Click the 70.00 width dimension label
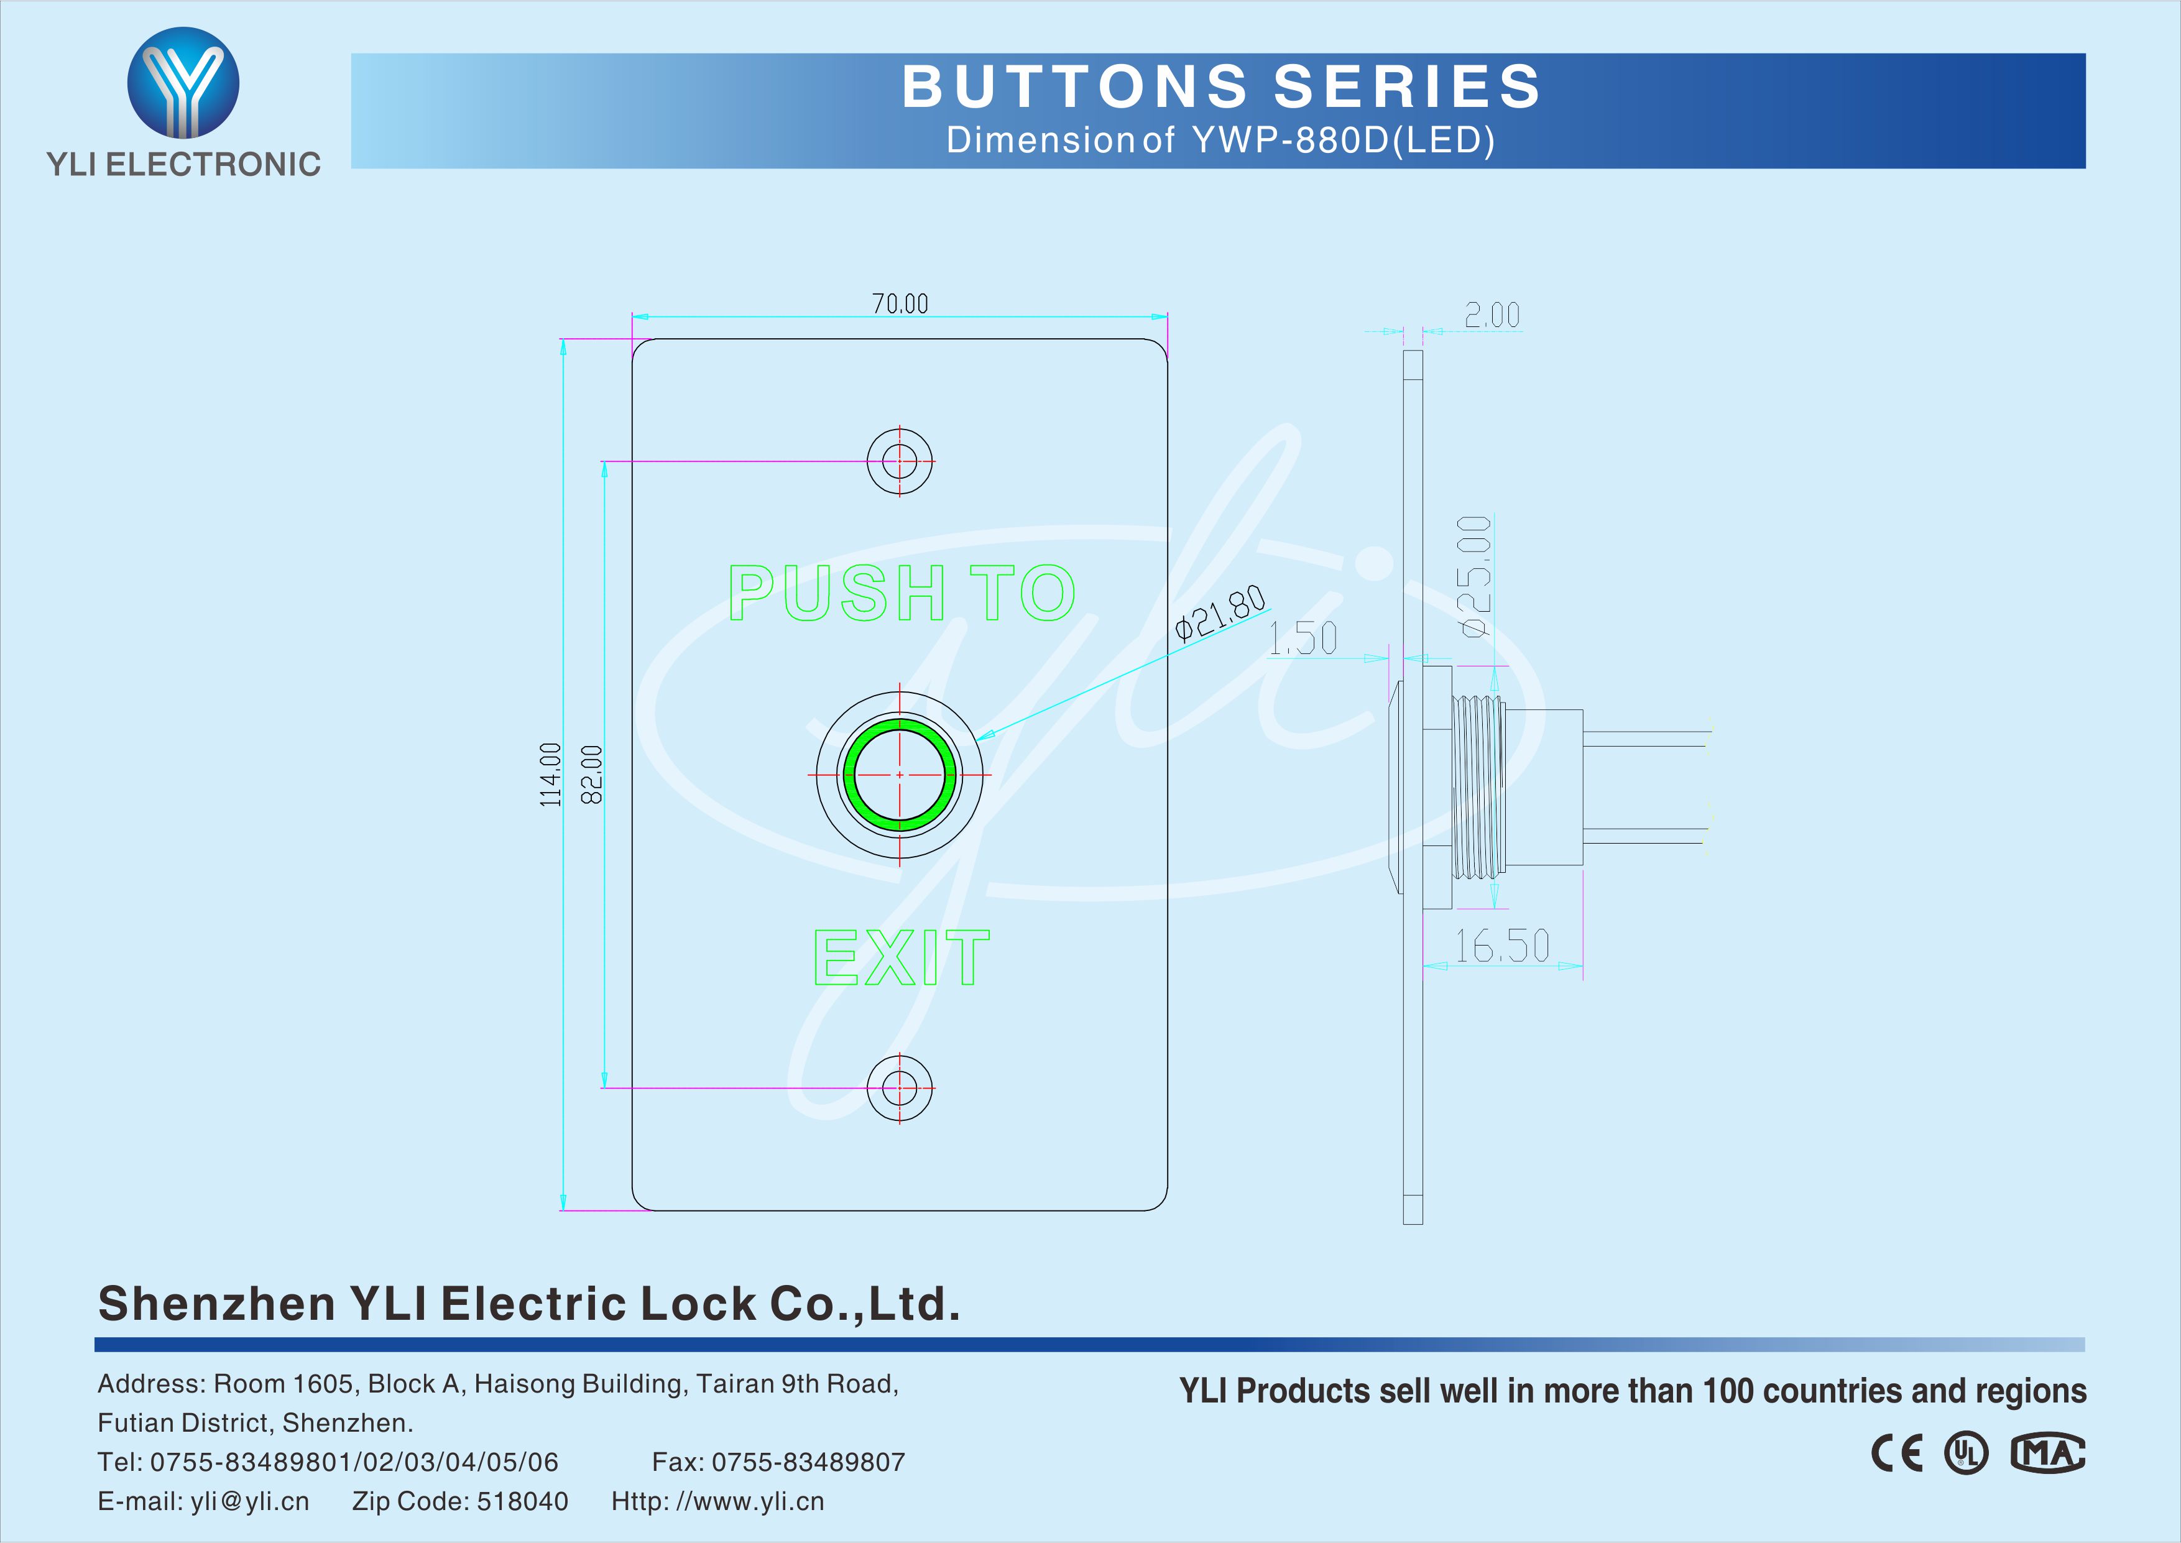pyautogui.click(x=900, y=304)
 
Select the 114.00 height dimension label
pyautogui.click(x=551, y=775)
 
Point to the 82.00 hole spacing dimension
pyautogui.click(x=591, y=775)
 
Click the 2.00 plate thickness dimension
pyautogui.click(x=1492, y=315)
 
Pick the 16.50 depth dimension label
pyautogui.click(x=1503, y=946)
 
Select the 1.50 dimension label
pyautogui.click(x=1303, y=638)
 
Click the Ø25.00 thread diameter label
pyautogui.click(x=1474, y=576)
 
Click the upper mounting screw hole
pyautogui.click(x=900, y=462)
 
